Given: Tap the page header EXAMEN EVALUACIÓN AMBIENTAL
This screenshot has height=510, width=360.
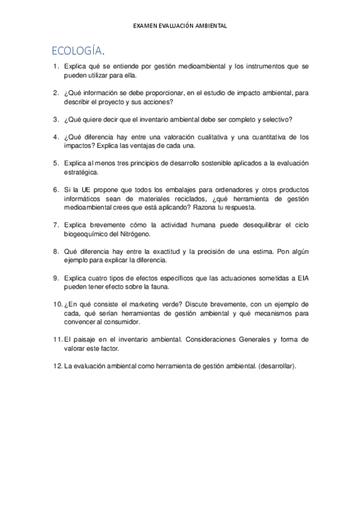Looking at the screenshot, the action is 180,26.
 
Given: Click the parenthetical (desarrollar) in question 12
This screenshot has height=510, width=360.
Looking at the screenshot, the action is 275,365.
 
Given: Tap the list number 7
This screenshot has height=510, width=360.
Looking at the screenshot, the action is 55,224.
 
